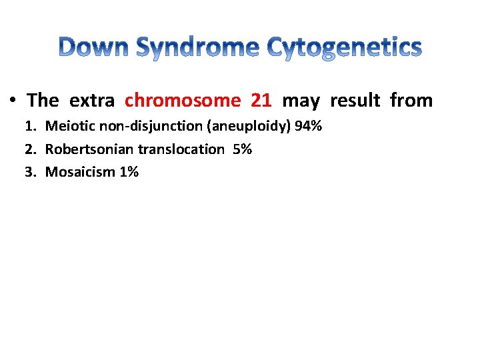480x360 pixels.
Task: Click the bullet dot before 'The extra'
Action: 13,101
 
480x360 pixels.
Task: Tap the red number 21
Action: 261,101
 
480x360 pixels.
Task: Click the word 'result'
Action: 355,101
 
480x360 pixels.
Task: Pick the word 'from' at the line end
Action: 411,101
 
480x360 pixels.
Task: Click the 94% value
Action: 308,127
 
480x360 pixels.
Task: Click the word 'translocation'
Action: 181,149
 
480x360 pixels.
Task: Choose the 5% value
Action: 243,149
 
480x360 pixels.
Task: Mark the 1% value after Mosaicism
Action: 129,172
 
